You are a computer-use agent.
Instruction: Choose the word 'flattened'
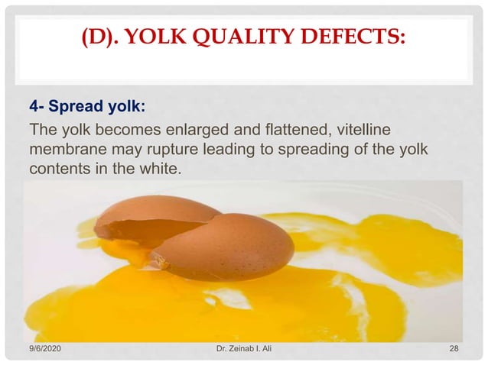pyautogui.click(x=305, y=126)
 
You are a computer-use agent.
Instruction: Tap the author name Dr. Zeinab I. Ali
pyautogui.click(x=243, y=349)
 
